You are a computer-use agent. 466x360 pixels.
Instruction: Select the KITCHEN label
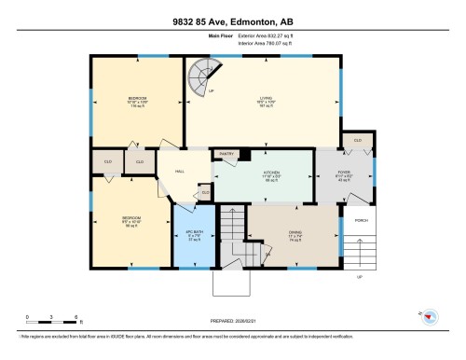coord(271,173)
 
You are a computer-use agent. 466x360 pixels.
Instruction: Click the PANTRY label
coord(226,153)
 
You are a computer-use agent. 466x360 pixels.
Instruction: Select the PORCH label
coord(360,221)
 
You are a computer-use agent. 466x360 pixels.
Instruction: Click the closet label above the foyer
coord(356,140)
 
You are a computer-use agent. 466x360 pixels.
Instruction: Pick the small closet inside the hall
coord(205,193)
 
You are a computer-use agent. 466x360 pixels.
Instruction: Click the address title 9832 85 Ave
coord(232,21)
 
